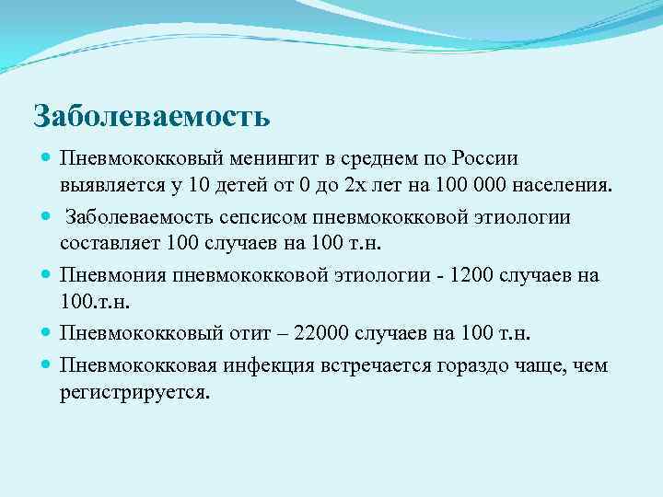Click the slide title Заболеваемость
click(x=151, y=116)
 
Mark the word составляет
click(x=110, y=243)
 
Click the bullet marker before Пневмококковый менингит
click(x=46, y=158)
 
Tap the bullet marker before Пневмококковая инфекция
click(x=46, y=365)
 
